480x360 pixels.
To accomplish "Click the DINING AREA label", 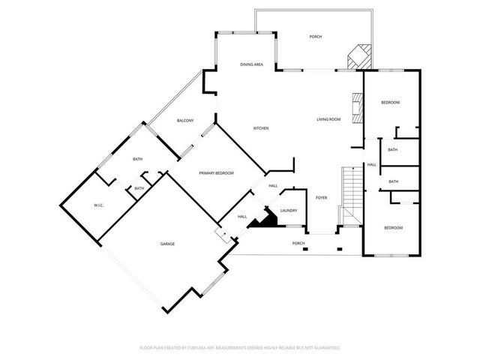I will (x=251, y=64).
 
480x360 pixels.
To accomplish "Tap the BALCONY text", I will (x=185, y=121).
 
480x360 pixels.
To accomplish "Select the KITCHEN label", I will (x=260, y=128).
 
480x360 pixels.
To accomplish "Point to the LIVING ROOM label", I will (x=328, y=119).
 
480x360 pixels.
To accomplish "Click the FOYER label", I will (x=321, y=198).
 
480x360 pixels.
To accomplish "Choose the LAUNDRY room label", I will (x=289, y=211).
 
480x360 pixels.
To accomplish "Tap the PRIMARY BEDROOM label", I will (x=216, y=173).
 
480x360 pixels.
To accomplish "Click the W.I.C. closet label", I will (x=98, y=205).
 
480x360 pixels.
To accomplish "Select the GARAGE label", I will (x=166, y=244).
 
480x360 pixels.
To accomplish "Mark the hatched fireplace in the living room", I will (x=358, y=108).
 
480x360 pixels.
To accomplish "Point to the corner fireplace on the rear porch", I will (x=358, y=57).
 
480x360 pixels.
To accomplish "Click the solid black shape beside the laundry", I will (x=264, y=219).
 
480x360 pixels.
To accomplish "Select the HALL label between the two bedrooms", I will (x=371, y=165).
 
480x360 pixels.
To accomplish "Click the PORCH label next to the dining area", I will (x=316, y=37).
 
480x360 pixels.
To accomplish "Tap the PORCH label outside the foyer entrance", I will (x=298, y=244).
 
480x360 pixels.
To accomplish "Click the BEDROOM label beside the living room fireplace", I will (x=390, y=102).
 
